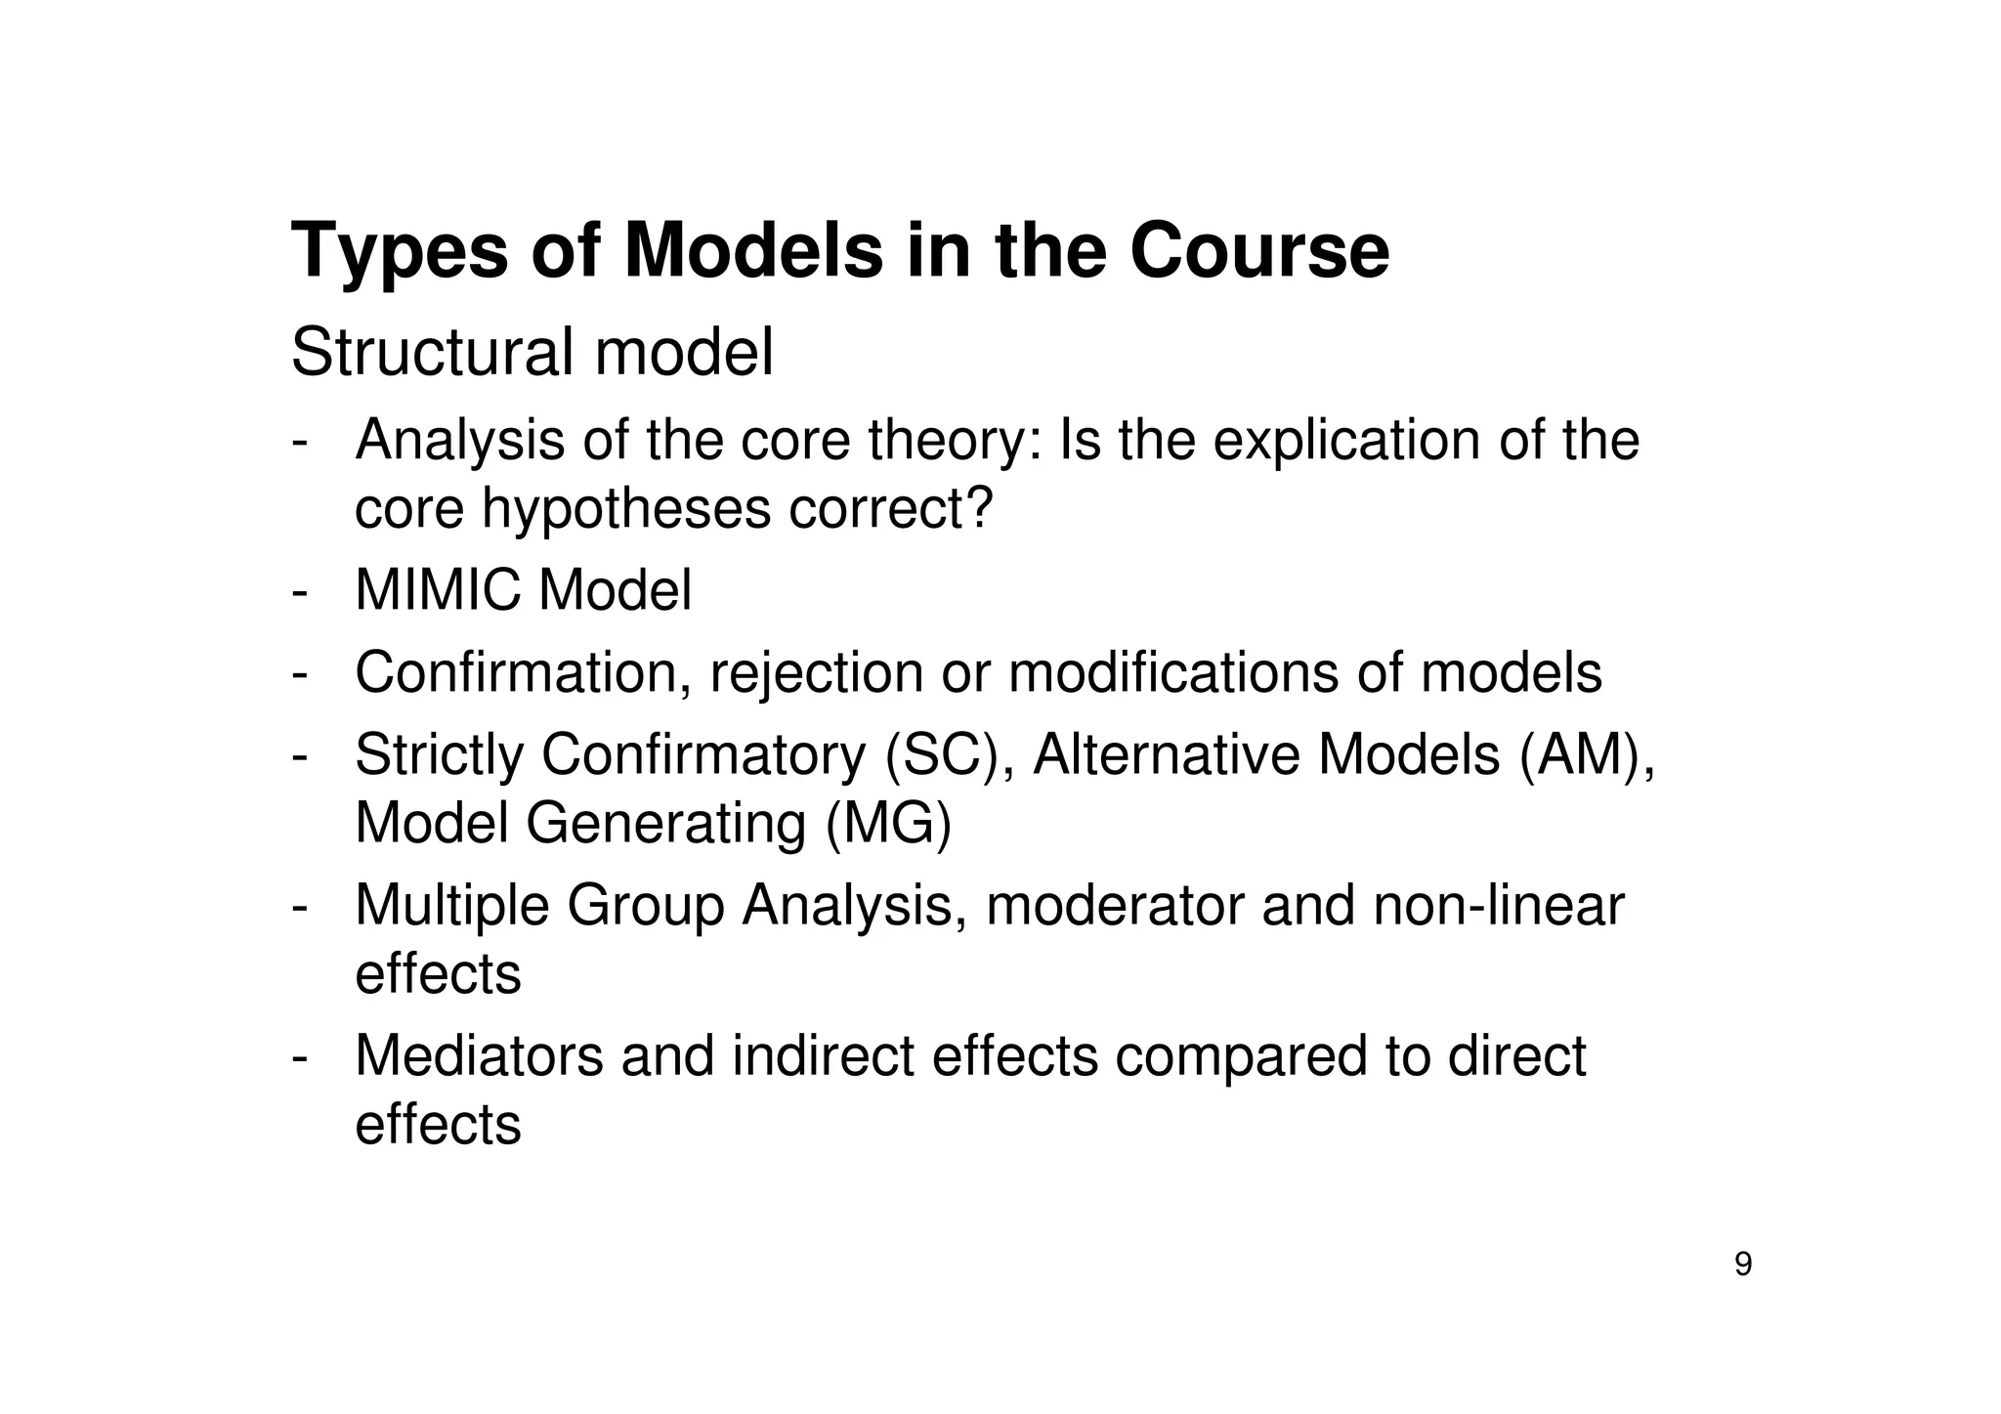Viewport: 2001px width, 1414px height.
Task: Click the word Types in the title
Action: pyautogui.click(x=400, y=252)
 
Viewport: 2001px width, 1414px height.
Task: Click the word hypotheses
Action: pyautogui.click(x=626, y=509)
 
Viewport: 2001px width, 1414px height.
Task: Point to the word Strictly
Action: pyautogui.click(x=440, y=755)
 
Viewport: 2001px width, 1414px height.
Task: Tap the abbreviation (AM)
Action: pyautogui.click(x=1586, y=755)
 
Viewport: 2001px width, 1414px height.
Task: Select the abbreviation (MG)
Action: pyautogui.click(x=887, y=823)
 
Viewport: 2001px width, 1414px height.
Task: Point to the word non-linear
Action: pyautogui.click(x=1498, y=906)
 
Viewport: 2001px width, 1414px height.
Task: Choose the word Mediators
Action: pyautogui.click(x=479, y=1056)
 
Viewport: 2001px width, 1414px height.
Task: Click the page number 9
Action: pyautogui.click(x=1742, y=1264)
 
